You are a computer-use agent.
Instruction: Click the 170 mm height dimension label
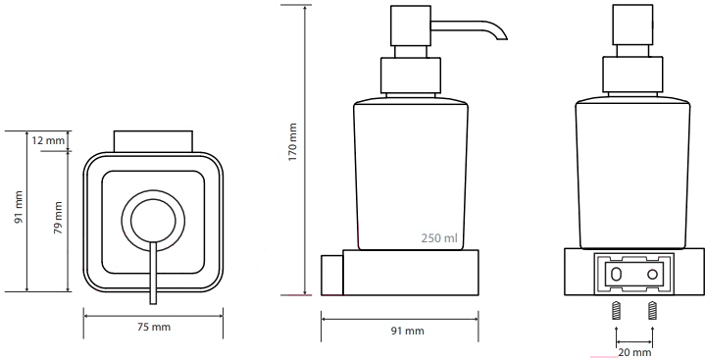[x=293, y=142]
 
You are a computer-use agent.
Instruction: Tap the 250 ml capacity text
[x=439, y=237]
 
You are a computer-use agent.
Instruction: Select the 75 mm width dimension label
[x=154, y=328]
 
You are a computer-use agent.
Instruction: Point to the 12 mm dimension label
[x=48, y=140]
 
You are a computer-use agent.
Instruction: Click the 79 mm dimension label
[x=58, y=218]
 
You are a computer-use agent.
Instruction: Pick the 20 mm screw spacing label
[x=634, y=352]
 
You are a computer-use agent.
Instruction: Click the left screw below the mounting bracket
[x=617, y=311]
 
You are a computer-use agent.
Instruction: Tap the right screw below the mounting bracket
[x=652, y=311]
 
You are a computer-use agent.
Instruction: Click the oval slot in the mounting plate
[x=617, y=274]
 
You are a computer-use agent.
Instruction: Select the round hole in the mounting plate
[x=652, y=274]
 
